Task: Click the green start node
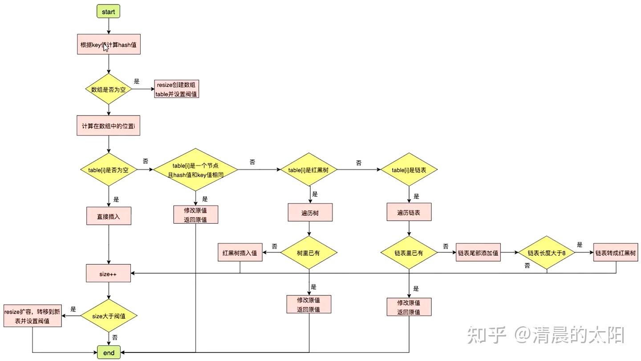click(109, 12)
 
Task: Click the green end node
click(109, 353)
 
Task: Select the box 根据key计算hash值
click(109, 45)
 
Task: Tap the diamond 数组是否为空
click(109, 89)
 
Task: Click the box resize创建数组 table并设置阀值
click(177, 89)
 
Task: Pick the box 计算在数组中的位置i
click(109, 127)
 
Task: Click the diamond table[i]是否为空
click(109, 170)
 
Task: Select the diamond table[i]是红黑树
click(308, 170)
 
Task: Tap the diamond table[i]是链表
click(409, 170)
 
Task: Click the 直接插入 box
click(109, 217)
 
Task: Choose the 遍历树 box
click(310, 213)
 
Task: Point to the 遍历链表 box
click(409, 213)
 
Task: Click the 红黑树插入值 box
click(240, 253)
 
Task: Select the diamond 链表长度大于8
click(546, 253)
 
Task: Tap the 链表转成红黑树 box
click(616, 253)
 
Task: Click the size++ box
click(109, 274)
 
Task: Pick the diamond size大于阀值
click(109, 316)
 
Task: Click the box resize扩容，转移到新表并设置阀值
click(32, 316)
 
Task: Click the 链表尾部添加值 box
click(479, 253)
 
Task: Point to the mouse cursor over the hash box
click(105, 47)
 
